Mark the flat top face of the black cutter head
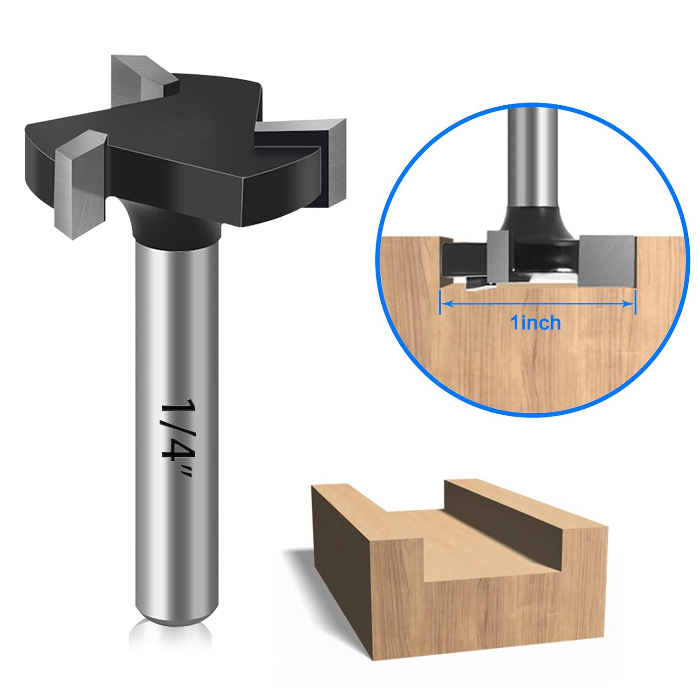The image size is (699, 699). click(186, 116)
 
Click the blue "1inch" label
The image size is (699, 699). click(535, 323)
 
